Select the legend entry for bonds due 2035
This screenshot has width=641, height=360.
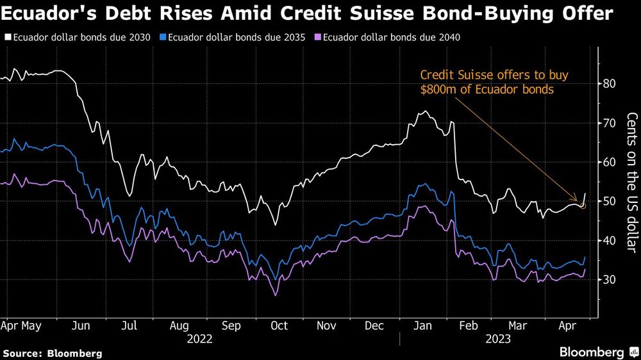235,37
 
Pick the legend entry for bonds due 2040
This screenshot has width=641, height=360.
391,37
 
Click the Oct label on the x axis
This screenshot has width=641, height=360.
279,326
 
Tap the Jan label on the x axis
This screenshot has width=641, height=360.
423,326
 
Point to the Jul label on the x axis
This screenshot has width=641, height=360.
130,326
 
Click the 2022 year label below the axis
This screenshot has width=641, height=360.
200,340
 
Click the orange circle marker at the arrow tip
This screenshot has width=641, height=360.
583,206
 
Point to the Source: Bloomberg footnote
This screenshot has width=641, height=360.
53,353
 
